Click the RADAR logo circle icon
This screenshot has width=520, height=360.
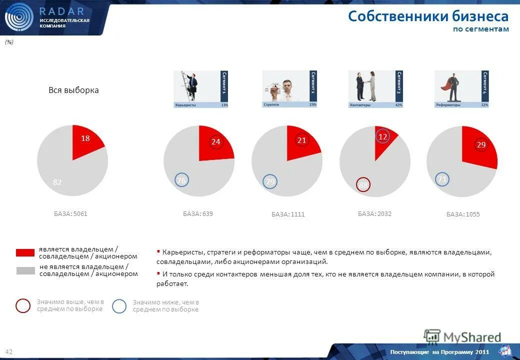point(18,17)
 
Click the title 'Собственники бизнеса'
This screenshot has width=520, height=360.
point(428,16)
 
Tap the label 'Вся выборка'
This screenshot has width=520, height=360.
point(73,90)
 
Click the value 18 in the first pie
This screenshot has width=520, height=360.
point(85,138)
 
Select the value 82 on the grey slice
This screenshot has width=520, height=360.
point(57,182)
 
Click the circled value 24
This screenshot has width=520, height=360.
point(215,142)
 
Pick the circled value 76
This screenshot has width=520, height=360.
point(181,180)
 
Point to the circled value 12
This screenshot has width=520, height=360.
point(382,136)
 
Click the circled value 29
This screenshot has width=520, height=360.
point(481,144)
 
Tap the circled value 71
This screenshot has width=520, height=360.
point(442,179)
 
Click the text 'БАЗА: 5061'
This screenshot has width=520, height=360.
point(70,214)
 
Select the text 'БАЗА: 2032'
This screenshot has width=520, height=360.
point(374,214)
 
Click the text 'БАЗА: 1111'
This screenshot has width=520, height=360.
point(288,214)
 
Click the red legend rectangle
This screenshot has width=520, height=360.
point(25,252)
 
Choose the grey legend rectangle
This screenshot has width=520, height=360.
point(25,270)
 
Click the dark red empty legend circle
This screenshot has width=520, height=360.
point(23,305)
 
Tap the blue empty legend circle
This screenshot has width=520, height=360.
point(119,306)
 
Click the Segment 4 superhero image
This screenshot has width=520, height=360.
point(461,89)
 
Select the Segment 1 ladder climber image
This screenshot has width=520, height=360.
point(200,89)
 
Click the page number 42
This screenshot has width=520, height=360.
point(9,352)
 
